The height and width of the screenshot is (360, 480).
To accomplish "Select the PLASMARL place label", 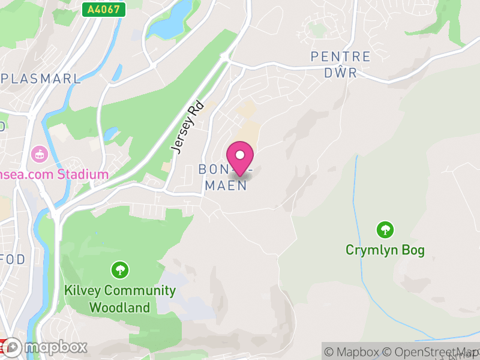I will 41,79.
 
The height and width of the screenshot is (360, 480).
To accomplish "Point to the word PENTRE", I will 340,57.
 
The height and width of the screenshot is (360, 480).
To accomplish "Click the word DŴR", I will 340,73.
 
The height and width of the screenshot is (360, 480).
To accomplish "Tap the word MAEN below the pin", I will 226,185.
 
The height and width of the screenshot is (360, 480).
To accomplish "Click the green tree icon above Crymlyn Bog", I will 385,230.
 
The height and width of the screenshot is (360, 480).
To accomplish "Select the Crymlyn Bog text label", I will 385,250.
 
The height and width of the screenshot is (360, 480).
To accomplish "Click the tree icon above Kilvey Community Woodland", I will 121,269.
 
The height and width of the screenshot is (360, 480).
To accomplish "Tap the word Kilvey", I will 82,291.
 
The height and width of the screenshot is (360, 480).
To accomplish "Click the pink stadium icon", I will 40,154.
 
